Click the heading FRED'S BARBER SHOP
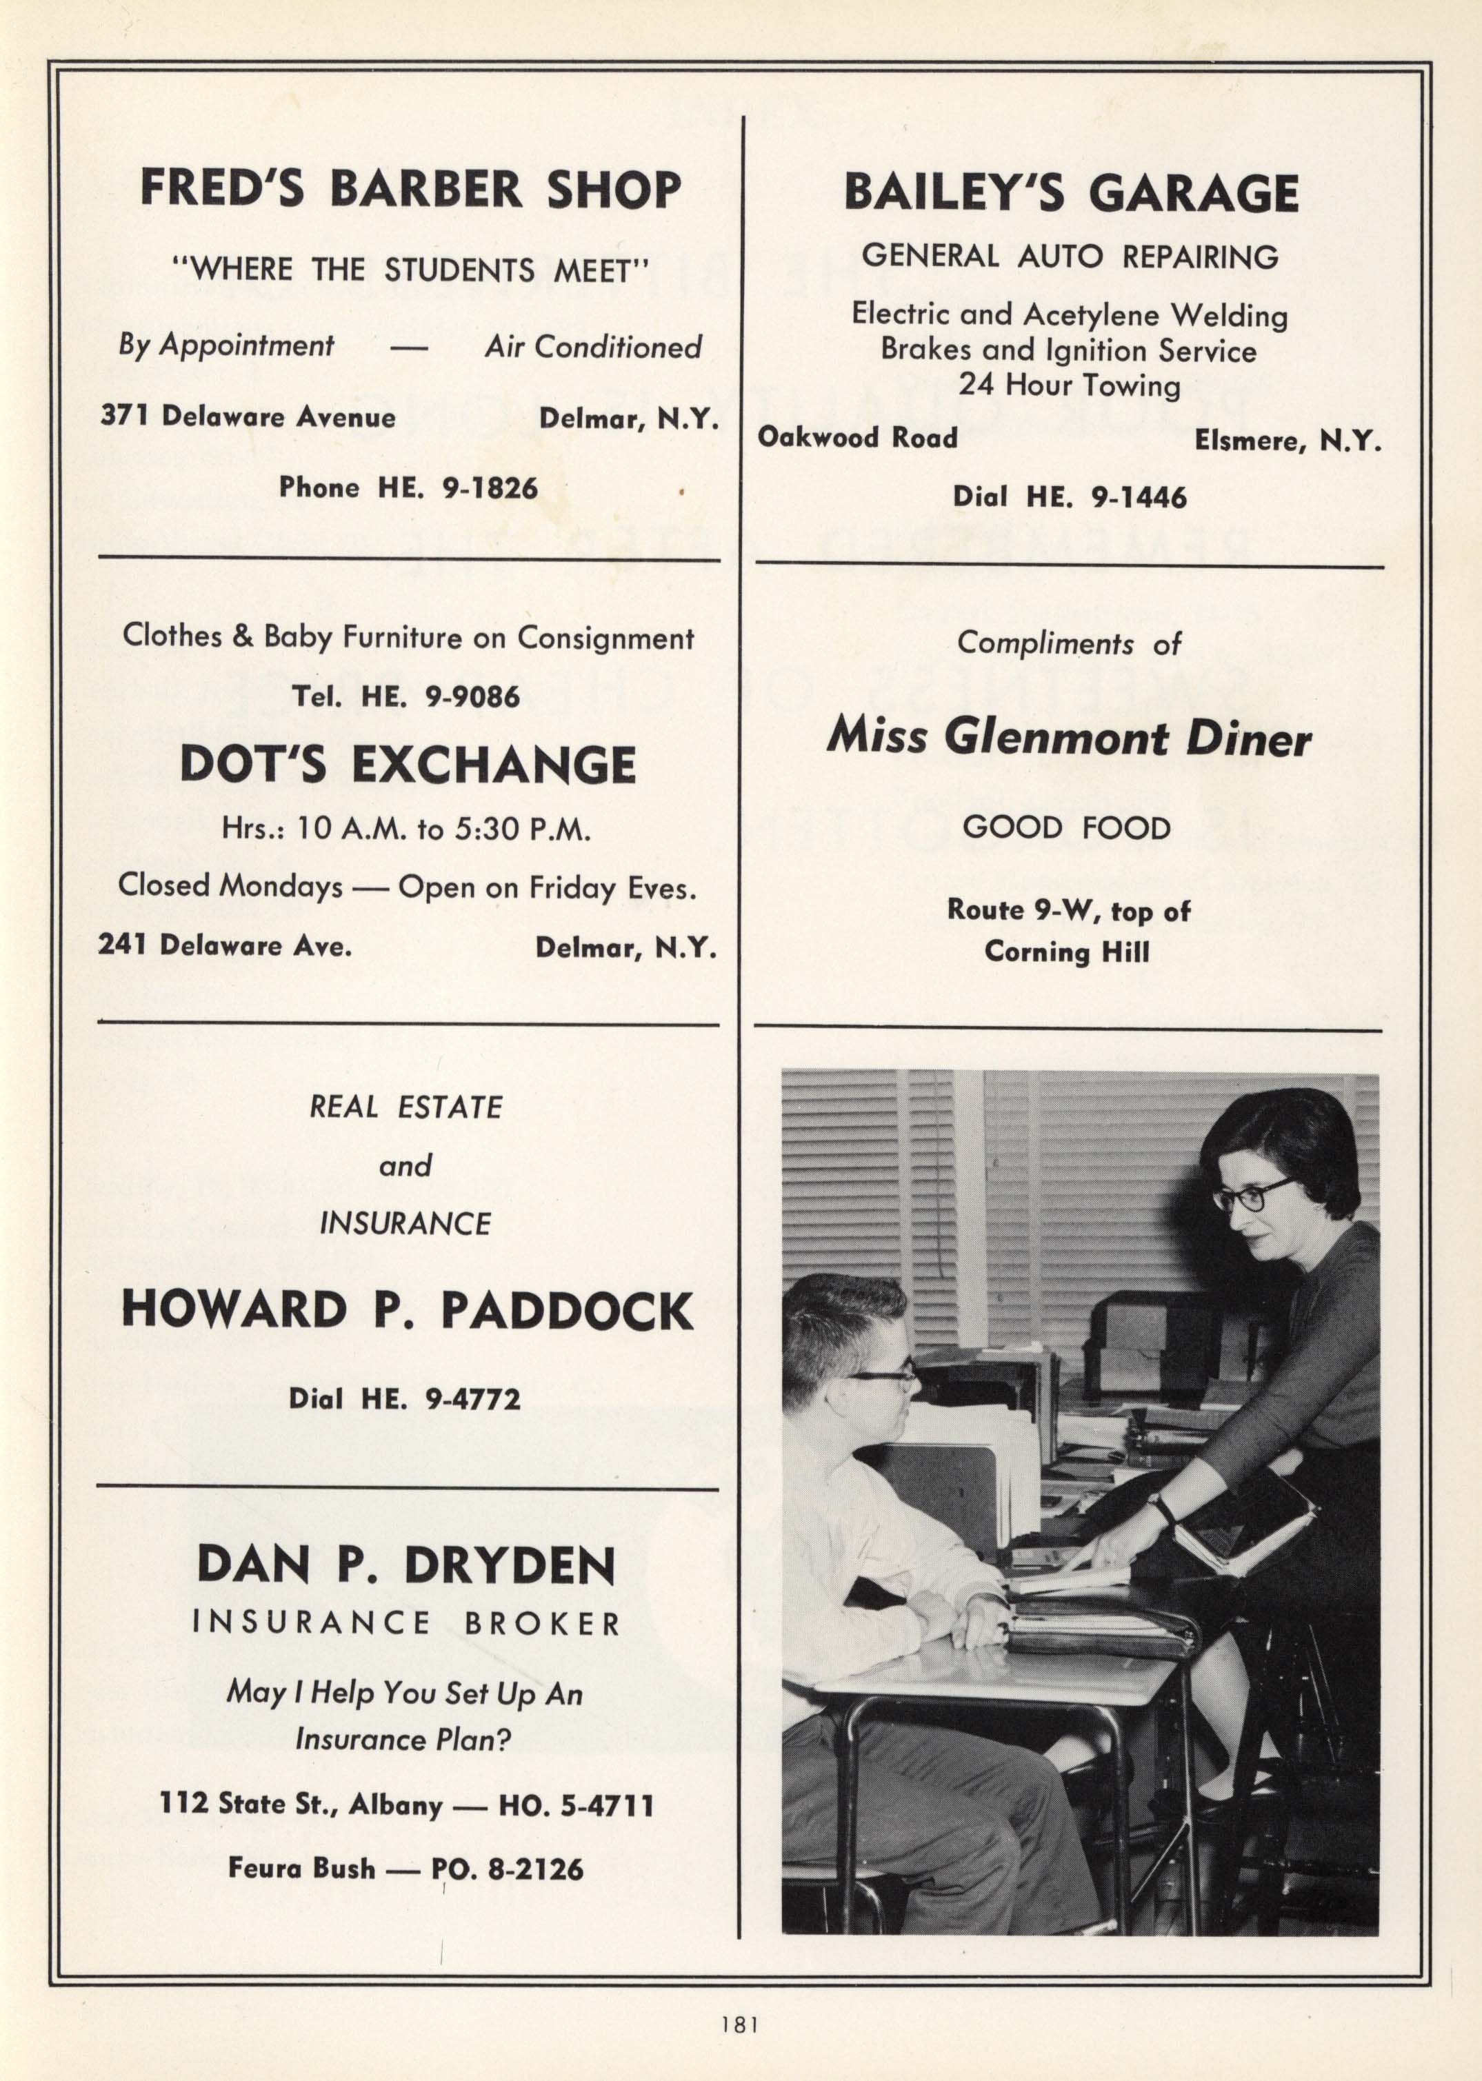pos(410,190)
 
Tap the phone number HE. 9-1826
pos(457,488)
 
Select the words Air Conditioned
pos(593,347)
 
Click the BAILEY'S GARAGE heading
pos(1070,192)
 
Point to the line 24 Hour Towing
pos(1070,385)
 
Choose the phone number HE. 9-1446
pos(1106,497)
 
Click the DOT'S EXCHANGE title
pos(408,765)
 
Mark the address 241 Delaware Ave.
pos(225,945)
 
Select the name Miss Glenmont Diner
pos(1069,738)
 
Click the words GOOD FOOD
pos(1067,828)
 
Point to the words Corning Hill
pos(1067,952)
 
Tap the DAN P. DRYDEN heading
pos(407,1565)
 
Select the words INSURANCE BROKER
pos(407,1623)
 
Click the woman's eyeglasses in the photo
pos(1253,1195)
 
